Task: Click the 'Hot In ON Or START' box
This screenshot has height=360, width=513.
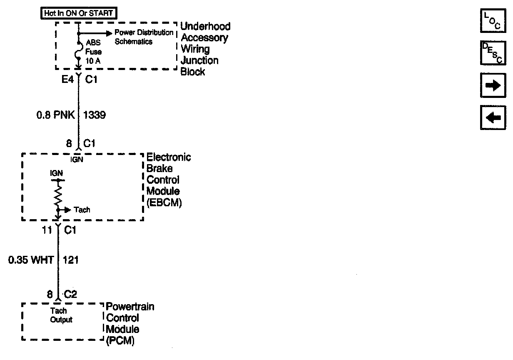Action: click(78, 13)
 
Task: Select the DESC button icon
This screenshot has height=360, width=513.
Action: click(492, 53)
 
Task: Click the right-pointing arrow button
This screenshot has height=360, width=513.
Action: click(492, 85)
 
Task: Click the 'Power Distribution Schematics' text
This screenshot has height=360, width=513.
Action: click(143, 37)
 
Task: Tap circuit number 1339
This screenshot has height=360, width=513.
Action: click(95, 115)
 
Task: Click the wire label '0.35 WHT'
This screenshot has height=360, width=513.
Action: click(31, 260)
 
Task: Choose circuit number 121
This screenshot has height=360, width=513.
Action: click(70, 260)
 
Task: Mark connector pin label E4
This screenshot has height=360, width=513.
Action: click(67, 79)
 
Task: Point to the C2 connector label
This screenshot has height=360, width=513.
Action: click(71, 295)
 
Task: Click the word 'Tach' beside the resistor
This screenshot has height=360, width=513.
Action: click(82, 210)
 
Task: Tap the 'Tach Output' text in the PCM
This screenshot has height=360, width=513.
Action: click(61, 315)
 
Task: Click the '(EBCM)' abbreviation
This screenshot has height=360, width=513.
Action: click(164, 204)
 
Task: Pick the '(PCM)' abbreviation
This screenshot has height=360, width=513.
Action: click(120, 340)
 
